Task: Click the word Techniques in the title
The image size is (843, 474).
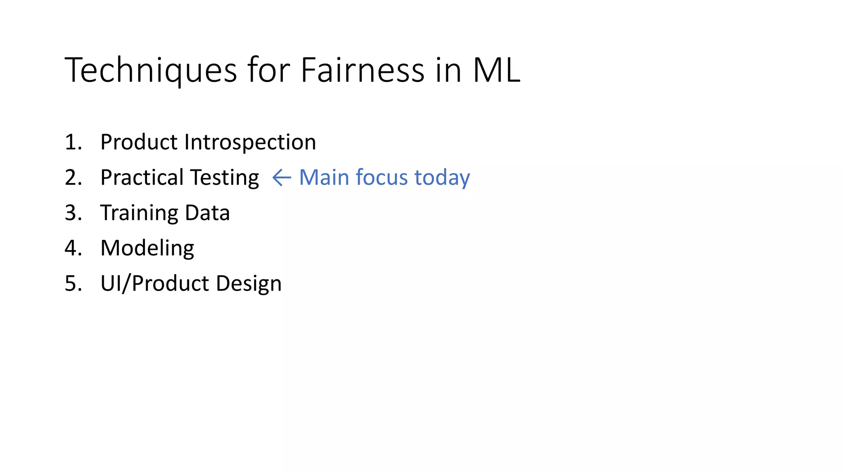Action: coord(151,71)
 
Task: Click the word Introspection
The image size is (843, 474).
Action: coord(250,142)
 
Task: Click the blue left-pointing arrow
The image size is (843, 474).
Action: coord(282,178)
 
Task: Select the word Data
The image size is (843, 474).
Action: coord(207,213)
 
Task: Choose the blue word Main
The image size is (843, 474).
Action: coord(324,177)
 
